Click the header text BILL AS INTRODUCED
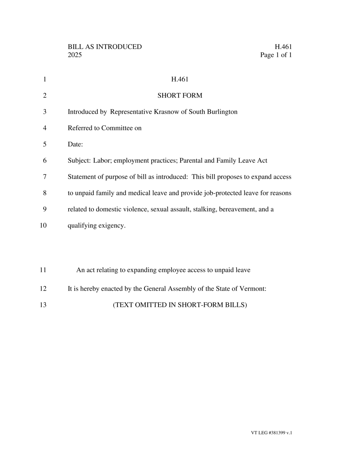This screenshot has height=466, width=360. click(105, 47)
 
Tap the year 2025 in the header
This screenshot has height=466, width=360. click(75, 55)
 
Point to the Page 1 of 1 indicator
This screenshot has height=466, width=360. click(276, 55)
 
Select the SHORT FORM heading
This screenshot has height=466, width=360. click(180, 96)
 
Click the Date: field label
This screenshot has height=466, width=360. click(75, 144)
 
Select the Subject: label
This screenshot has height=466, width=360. click(79, 161)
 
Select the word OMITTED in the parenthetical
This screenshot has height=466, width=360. click(151, 305)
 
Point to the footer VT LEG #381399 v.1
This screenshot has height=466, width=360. click(271, 433)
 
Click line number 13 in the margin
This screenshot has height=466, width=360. click(43, 305)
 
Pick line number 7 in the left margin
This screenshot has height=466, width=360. click(45, 177)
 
